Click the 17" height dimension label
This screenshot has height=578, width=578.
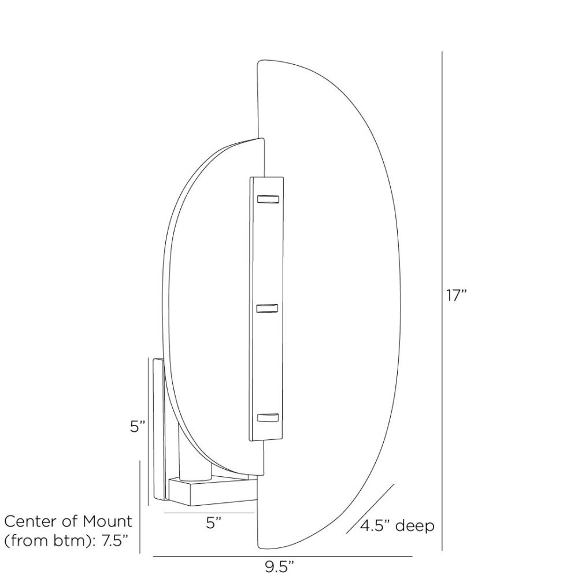point(456,296)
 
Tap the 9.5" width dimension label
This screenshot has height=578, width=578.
point(283,566)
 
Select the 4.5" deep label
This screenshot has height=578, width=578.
point(397,527)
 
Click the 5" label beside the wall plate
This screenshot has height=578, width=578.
point(137,427)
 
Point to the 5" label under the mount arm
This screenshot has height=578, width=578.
point(214,524)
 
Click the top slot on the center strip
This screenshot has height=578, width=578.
point(268,200)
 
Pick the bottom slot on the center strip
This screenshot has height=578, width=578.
point(268,418)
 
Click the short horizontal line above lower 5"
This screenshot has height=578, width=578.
point(209,513)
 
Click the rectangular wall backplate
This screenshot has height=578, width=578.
point(157,428)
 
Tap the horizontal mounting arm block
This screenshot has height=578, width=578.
point(214,490)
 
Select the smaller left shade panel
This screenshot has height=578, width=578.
point(208,301)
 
